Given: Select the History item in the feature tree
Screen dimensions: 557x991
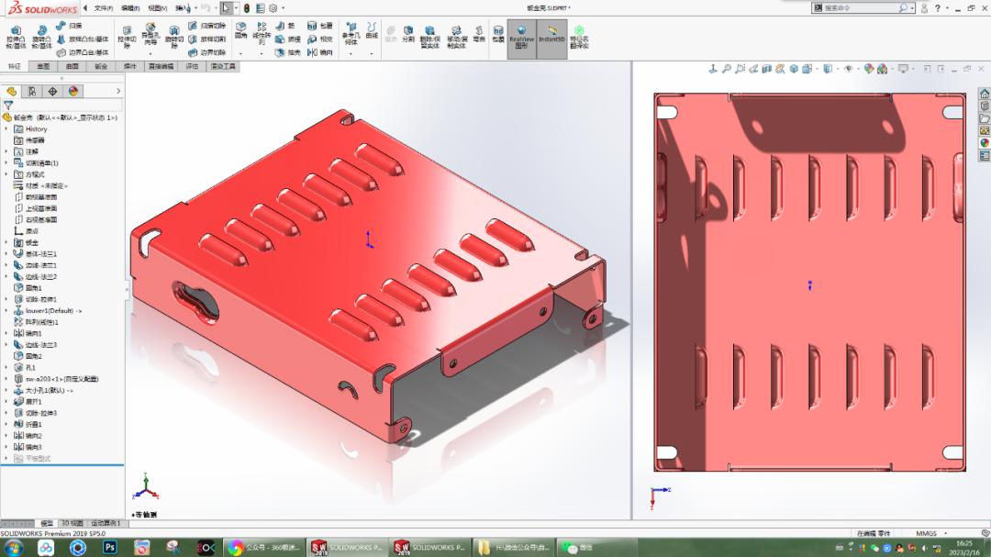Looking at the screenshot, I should click(x=36, y=128).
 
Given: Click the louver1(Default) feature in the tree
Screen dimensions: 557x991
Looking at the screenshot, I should click(x=52, y=311).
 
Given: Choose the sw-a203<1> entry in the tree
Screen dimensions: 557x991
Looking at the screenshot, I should click(x=61, y=378).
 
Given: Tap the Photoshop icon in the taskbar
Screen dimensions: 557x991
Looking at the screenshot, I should click(x=109, y=547).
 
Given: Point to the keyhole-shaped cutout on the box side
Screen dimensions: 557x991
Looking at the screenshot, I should click(x=195, y=302).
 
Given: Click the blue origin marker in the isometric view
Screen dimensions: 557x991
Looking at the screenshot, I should click(x=368, y=240).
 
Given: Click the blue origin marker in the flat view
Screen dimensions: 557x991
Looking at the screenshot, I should click(x=809, y=285).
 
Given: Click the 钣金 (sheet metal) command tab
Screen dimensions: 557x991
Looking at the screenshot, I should click(x=101, y=66).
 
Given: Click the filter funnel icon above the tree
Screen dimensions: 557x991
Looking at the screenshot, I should click(x=8, y=106).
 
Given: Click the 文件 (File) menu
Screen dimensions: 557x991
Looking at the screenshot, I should click(x=103, y=8).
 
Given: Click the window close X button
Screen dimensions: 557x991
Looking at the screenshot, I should click(x=983, y=7).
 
